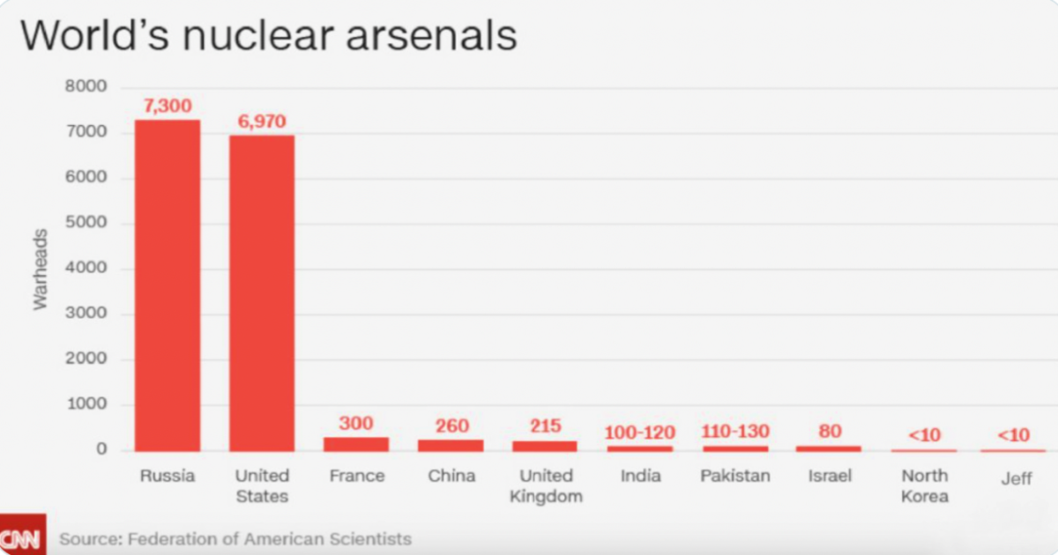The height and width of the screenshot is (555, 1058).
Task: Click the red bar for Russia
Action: point(168,286)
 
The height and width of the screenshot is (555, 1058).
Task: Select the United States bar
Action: point(262,293)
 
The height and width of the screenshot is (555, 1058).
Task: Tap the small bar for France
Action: point(356,444)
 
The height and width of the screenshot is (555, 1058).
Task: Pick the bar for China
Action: point(451,445)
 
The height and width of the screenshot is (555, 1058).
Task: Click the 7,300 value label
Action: point(168,107)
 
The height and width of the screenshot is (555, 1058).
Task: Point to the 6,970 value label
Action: point(262,122)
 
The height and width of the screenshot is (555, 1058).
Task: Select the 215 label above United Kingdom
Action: point(545,426)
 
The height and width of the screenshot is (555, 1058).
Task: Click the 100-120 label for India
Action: point(639,433)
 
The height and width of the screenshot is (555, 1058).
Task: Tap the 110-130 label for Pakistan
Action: point(734,432)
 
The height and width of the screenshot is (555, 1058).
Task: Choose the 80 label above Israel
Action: point(829,432)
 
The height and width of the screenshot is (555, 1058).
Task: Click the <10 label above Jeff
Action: point(1013,435)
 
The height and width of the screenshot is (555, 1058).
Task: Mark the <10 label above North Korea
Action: point(924,435)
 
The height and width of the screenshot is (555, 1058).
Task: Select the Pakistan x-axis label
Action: point(734,476)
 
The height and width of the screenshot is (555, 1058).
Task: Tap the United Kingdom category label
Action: point(547,486)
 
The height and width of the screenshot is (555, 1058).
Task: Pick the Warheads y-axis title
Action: point(41,269)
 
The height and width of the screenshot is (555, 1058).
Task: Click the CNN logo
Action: point(21,538)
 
